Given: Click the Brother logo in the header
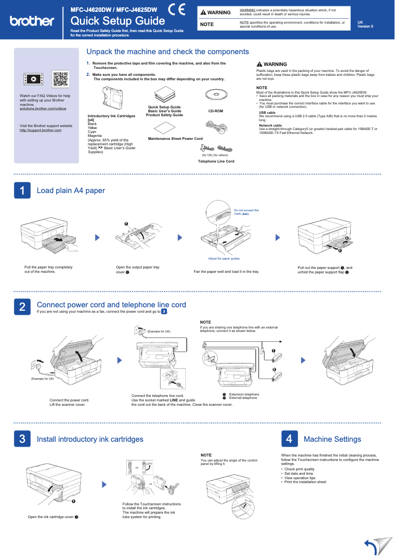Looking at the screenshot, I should [x=32, y=21].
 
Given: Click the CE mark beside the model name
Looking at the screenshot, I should [x=176, y=10].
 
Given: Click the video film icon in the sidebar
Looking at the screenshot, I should [x=33, y=79].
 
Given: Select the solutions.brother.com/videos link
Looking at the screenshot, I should [x=43, y=108].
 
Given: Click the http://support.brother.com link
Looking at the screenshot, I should [x=40, y=130].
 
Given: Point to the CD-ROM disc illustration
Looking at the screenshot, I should [x=215, y=95].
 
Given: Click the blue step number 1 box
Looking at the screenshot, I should [x=22, y=191].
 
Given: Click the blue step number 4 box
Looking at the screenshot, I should [x=290, y=439].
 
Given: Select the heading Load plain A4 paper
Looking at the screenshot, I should [x=71, y=191].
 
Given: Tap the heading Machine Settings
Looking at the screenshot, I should [x=332, y=439].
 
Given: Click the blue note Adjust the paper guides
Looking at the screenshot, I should [x=224, y=259].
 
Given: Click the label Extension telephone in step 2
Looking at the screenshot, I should [x=244, y=394].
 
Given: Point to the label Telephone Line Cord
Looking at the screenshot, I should [x=216, y=161].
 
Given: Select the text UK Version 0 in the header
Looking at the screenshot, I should [x=365, y=24].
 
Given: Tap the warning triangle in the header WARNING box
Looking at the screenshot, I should [x=203, y=12].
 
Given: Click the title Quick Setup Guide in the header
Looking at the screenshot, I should [x=118, y=21].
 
